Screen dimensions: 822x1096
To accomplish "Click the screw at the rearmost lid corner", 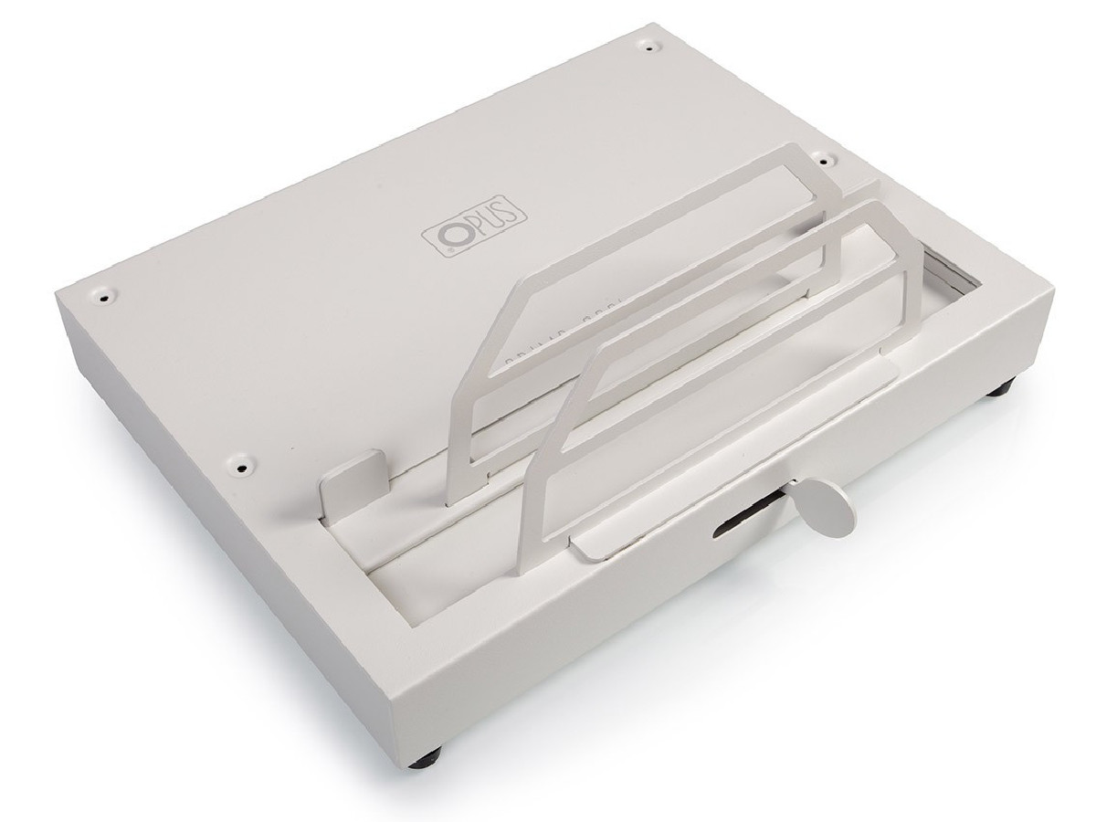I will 649,42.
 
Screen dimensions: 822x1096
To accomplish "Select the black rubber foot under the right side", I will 1001,390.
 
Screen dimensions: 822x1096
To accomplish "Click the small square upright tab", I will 352,479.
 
